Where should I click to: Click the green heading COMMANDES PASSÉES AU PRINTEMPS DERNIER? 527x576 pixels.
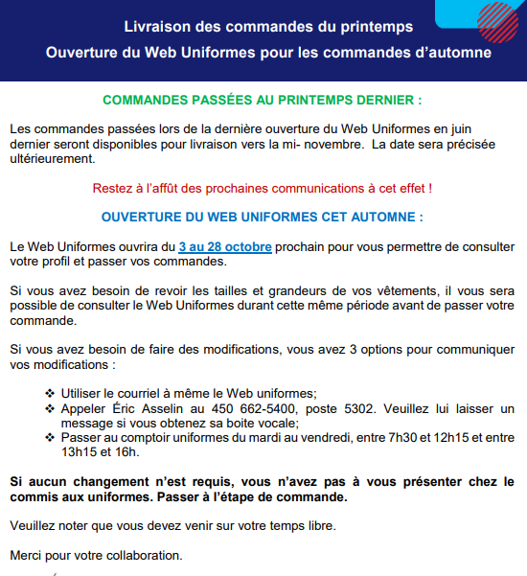tap(262, 100)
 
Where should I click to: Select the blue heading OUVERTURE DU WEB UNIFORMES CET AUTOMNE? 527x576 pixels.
tap(262, 218)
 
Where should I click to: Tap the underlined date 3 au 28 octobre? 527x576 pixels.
tap(224, 247)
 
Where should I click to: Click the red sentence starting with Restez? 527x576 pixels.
tap(262, 188)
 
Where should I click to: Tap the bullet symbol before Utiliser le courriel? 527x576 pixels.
tap(50, 393)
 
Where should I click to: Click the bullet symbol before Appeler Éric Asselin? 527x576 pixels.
tap(50, 408)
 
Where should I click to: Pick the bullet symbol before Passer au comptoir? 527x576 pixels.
tap(50, 438)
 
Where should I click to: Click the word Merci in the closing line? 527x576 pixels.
tap(25, 555)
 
